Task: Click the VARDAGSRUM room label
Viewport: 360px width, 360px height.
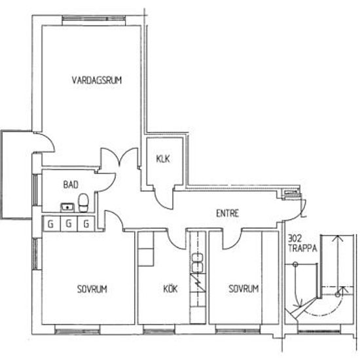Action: tap(97, 80)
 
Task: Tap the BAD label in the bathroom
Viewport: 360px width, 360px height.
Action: tap(71, 185)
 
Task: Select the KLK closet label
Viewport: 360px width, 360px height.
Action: tap(163, 158)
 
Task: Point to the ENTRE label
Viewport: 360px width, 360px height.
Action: tap(228, 213)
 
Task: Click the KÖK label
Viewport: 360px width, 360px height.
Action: tap(170, 289)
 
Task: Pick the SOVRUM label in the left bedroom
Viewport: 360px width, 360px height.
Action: tap(92, 289)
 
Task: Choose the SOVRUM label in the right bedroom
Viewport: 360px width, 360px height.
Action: tap(243, 289)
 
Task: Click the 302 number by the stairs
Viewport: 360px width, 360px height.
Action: tap(295, 239)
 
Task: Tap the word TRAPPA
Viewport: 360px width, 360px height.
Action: tap(302, 249)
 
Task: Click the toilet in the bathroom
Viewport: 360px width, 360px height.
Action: tap(83, 202)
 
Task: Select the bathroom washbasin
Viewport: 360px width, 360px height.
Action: tap(67, 207)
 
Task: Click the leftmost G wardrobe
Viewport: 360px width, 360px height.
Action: tap(51, 223)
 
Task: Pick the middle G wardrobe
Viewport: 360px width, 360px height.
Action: tap(69, 223)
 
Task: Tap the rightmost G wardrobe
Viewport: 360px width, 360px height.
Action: tap(86, 223)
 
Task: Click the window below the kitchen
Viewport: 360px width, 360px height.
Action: tap(159, 330)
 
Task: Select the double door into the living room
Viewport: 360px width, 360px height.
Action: tap(119, 158)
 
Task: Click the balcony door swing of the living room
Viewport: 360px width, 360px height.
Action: tap(45, 142)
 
